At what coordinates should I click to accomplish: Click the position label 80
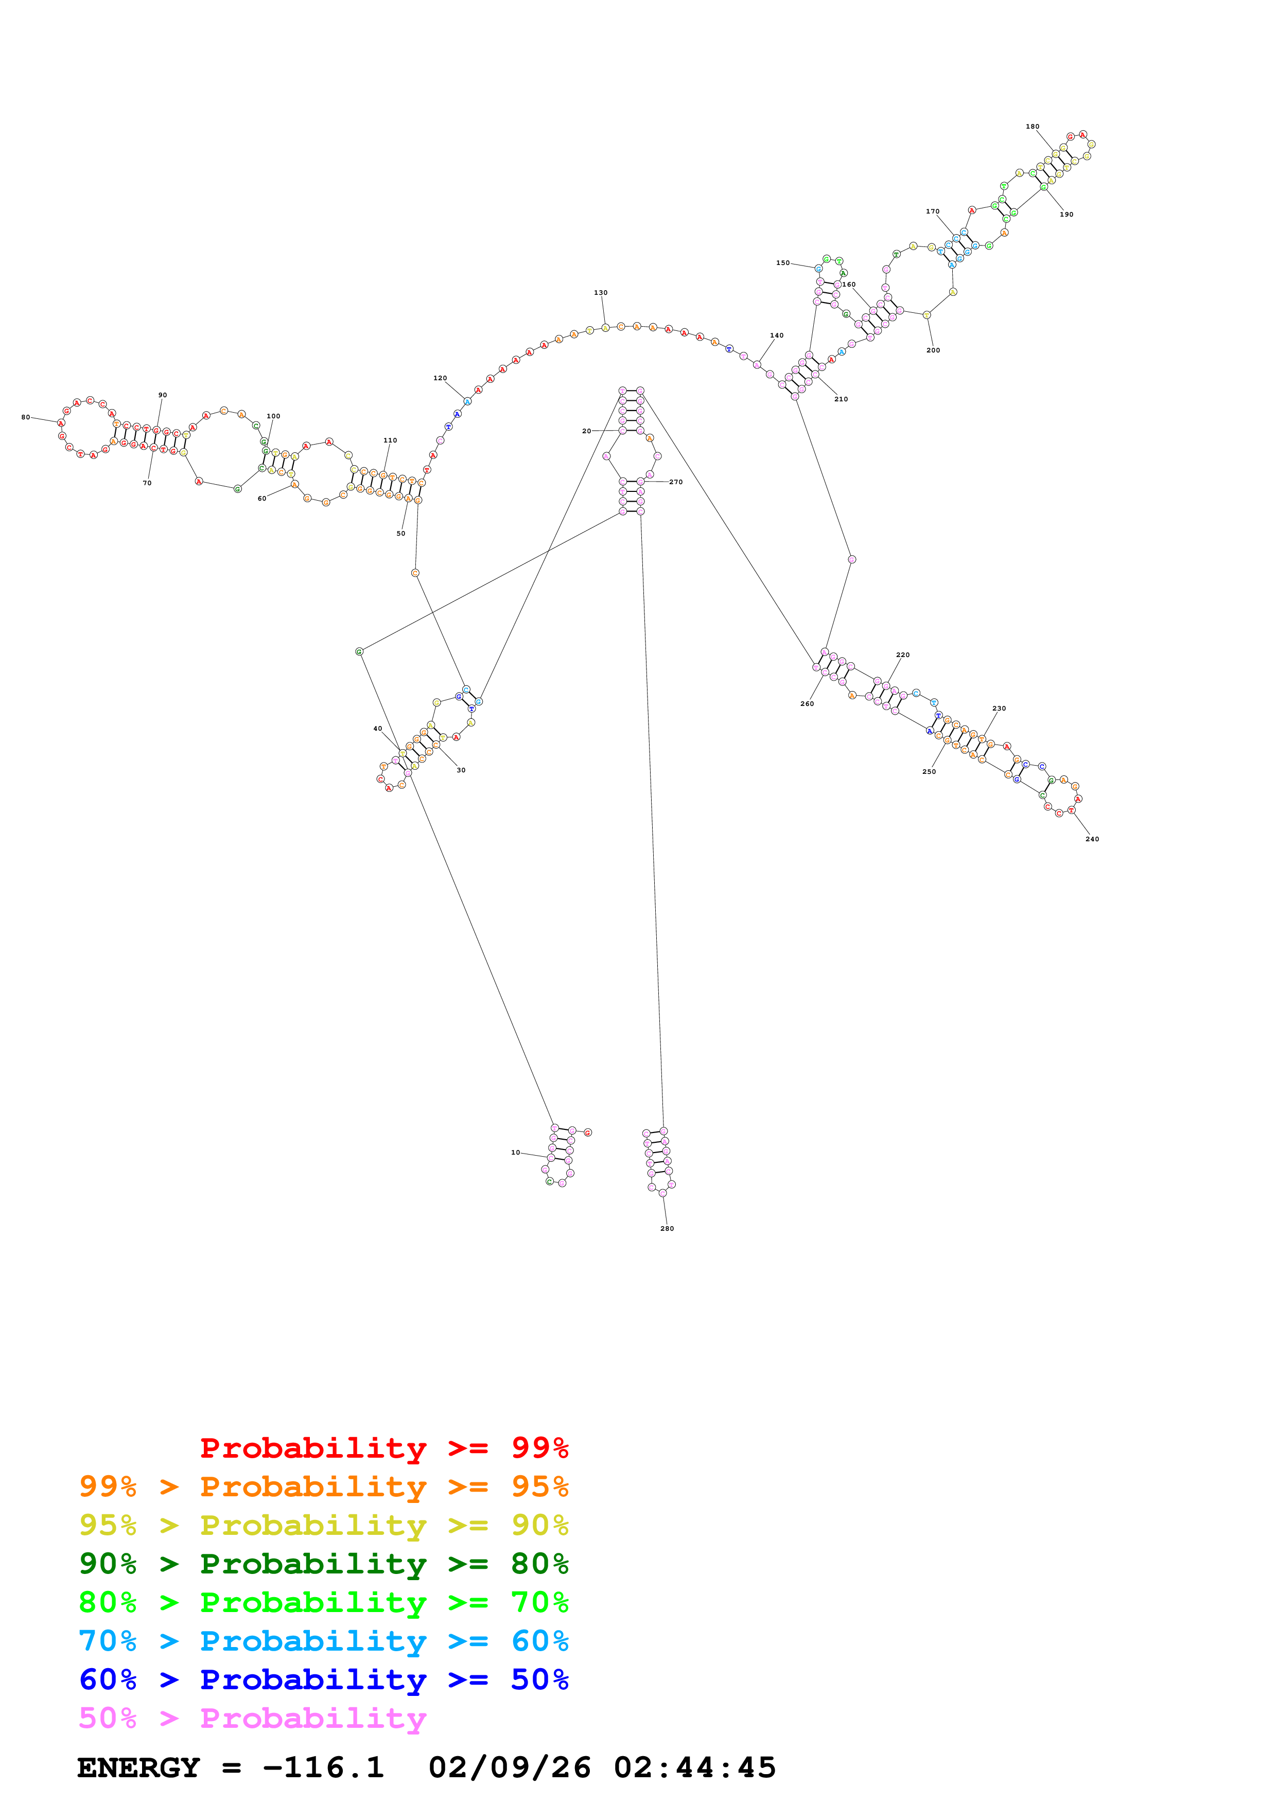[x=25, y=417]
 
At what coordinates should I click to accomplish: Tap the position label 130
[x=601, y=292]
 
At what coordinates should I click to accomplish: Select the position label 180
[x=1033, y=127]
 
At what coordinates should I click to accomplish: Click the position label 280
[x=667, y=1228]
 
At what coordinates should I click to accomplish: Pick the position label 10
[x=516, y=1153]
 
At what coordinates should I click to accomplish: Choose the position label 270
[x=675, y=482]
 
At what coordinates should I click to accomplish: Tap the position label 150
[x=782, y=263]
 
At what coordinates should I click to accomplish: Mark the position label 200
[x=933, y=350]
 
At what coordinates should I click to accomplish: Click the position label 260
[x=807, y=703]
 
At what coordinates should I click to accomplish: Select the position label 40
[x=377, y=729]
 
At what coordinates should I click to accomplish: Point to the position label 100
[x=273, y=417]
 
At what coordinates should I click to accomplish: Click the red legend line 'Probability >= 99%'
[x=383, y=1447]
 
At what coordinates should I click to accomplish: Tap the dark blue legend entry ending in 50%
[x=323, y=1679]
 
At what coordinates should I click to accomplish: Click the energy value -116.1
[x=323, y=1767]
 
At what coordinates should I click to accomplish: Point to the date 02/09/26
[x=510, y=1767]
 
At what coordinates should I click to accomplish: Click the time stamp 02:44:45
[x=694, y=1767]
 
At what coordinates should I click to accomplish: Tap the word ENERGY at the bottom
[x=138, y=1767]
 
